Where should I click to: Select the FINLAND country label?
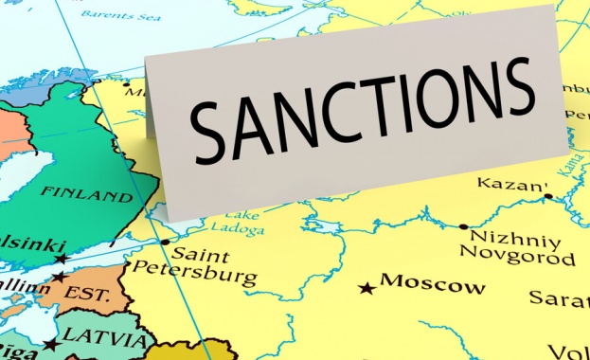86,197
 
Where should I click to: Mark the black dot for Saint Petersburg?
165,242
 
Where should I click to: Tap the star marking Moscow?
367,287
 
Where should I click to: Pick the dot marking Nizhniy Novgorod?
463,226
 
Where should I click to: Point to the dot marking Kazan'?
548,196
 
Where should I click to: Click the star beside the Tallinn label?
58,278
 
